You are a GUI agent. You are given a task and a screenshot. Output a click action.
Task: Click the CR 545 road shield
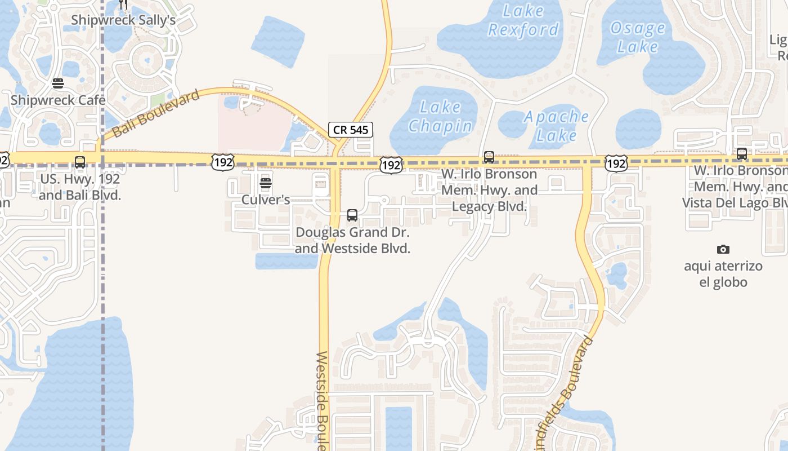pos(351,130)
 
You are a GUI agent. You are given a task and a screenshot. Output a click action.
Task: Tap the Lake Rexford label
pos(523,20)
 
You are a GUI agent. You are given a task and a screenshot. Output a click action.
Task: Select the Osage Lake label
pos(637,37)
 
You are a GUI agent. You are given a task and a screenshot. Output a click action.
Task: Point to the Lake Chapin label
pos(440,117)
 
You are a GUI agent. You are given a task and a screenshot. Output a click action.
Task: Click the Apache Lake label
pos(557,126)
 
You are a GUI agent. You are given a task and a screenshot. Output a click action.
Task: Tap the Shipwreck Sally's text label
pos(123,20)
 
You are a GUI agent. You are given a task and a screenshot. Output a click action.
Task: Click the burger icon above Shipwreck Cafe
pos(58,84)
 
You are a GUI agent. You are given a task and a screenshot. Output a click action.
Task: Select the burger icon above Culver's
pos(266,183)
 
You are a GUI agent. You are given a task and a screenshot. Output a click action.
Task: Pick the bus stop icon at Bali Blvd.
pos(80,162)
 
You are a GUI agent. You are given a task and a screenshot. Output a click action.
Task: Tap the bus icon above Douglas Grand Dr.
pos(352,215)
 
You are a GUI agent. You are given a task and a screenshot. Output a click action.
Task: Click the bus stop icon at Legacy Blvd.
pos(489,157)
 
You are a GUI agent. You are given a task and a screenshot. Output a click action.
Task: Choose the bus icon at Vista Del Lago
pos(742,153)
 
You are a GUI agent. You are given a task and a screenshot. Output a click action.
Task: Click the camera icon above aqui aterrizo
pos(723,249)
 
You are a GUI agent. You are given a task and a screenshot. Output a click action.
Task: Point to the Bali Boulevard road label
pos(156,113)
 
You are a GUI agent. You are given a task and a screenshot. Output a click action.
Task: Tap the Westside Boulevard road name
pos(323,400)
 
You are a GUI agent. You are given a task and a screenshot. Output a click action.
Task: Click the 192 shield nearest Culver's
pos(223,162)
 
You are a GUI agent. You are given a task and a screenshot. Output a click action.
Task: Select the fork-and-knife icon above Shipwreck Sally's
pos(124,5)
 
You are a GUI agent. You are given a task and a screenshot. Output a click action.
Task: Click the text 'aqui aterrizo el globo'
pos(723,274)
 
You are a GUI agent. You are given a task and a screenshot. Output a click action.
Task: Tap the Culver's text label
pos(266,200)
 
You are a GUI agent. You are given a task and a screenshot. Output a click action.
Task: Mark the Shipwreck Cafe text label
pos(58,100)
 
